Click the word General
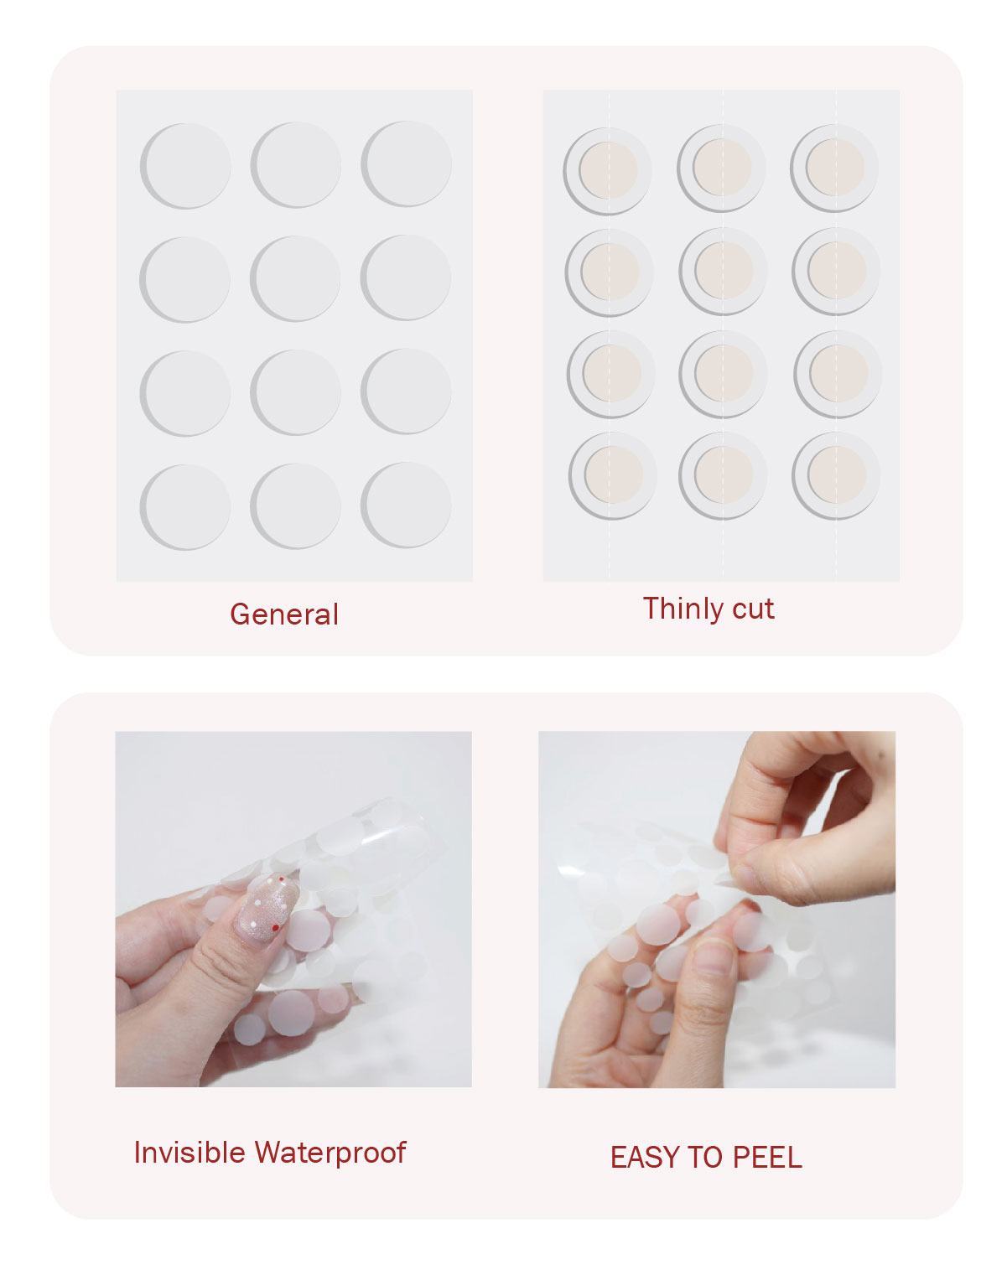click(283, 614)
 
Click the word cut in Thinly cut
click(753, 609)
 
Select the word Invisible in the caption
click(189, 1153)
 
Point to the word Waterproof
click(330, 1153)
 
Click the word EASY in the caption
click(644, 1158)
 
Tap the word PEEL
click(767, 1158)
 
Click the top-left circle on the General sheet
click(185, 165)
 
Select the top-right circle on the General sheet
click(407, 163)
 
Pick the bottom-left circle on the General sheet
click(185, 507)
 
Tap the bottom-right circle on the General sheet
click(407, 505)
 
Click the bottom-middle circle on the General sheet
click(296, 506)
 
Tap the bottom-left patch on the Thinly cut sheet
click(613, 475)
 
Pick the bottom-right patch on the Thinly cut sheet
click(836, 475)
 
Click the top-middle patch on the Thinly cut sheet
click(721, 168)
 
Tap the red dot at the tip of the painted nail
click(282, 879)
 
